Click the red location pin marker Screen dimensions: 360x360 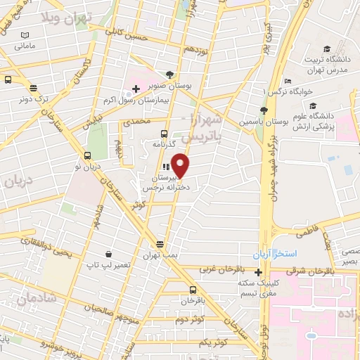(x=181, y=166)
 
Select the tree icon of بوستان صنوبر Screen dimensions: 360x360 (x=169, y=74)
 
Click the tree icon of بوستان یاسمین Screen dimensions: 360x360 (x=264, y=110)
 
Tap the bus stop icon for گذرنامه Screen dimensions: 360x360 (x=164, y=133)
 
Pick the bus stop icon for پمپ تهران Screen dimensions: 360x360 (x=160, y=243)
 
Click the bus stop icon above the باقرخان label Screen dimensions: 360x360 (x=193, y=290)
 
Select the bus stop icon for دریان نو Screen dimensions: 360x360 (x=87, y=155)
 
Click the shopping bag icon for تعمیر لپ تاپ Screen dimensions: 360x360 (x=109, y=254)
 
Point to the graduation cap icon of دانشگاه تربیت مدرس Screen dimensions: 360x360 (x=326, y=49)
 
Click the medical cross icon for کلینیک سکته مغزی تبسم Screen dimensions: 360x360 (x=259, y=273)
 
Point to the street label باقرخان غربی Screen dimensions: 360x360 (x=200, y=269)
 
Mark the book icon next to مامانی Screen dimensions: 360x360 (x=25, y=35)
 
